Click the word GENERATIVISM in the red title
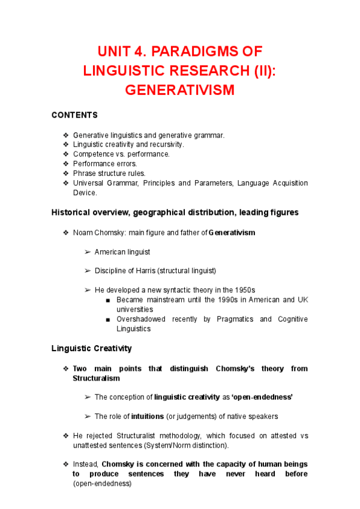click(x=179, y=90)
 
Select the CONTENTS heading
click(x=74, y=115)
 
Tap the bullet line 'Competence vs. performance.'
click(x=121, y=154)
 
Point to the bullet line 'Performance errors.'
click(x=105, y=164)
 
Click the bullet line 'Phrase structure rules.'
click(x=109, y=173)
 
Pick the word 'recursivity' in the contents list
click(x=164, y=145)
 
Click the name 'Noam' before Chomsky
click(x=83, y=232)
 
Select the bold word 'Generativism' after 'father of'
click(x=232, y=232)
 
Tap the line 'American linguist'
click(x=122, y=252)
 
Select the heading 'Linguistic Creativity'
click(x=92, y=348)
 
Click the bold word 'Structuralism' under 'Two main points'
click(x=96, y=378)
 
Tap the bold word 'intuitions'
click(x=147, y=417)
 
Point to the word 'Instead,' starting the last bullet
click(x=86, y=464)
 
